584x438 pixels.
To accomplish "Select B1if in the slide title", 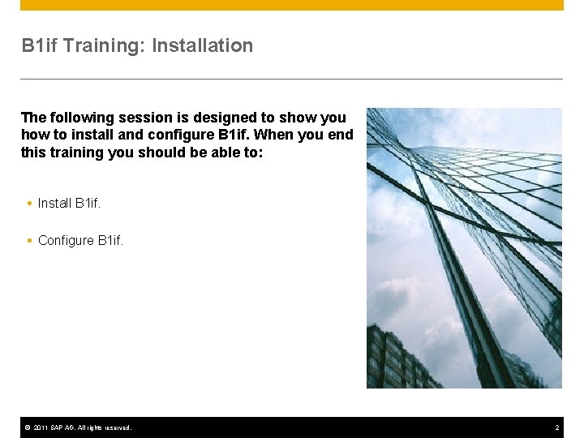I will (39, 46).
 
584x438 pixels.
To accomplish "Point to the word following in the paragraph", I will (81, 118).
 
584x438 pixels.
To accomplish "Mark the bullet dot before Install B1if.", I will (29, 204).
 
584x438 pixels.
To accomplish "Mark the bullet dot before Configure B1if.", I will (29, 241).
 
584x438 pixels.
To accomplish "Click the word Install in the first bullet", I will (54, 204).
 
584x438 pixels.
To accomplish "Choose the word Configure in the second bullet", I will (66, 241).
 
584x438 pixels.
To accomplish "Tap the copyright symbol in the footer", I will (26, 427).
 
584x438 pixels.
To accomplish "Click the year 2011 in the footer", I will (40, 427).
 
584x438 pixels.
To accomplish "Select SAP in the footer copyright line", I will (56, 427).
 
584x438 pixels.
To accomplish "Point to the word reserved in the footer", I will (116, 427).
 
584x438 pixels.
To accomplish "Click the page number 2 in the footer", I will (557, 427).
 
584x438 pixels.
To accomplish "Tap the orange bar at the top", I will (292, 5).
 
